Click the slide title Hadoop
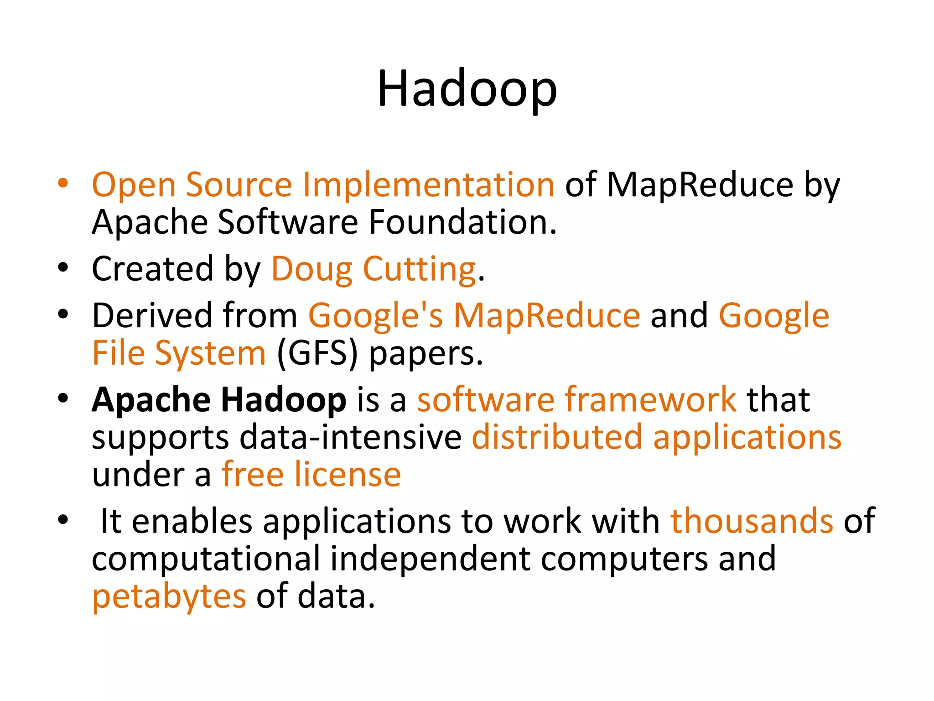467,89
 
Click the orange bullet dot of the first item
63,183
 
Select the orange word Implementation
428,185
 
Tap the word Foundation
462,222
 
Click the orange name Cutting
420,269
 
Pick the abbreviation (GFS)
317,354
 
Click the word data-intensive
351,437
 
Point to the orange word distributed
557,437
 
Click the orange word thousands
752,521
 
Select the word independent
430,559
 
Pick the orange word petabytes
169,597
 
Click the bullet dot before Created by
63,268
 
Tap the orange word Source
239,185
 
